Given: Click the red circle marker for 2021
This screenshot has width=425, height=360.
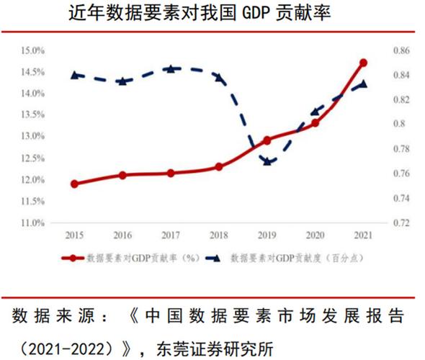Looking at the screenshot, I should [363, 63].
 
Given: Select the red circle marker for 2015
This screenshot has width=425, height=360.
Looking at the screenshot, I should [74, 184].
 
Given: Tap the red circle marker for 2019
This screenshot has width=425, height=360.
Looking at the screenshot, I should [267, 140].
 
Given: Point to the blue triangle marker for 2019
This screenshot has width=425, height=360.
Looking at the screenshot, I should [267, 161].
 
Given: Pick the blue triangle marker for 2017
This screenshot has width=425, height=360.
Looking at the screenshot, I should [170, 68].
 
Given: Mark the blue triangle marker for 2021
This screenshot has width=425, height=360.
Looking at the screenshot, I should [363, 84].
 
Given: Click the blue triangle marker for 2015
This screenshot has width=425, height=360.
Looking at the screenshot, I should [74, 75].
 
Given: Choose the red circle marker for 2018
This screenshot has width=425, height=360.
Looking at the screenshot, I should [218, 166].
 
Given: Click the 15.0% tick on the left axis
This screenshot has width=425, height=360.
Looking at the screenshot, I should [34, 51].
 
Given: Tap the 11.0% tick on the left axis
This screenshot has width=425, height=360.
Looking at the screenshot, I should [34, 223].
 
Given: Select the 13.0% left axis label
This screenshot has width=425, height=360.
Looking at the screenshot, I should [34, 137].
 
